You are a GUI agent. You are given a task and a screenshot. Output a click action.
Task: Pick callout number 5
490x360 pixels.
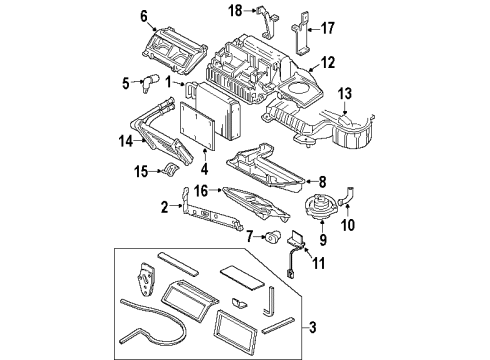coord(127,82)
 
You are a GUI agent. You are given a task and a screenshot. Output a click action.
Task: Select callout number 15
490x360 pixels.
coord(142,172)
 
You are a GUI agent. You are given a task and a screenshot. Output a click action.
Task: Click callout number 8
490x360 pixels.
coord(321,181)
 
